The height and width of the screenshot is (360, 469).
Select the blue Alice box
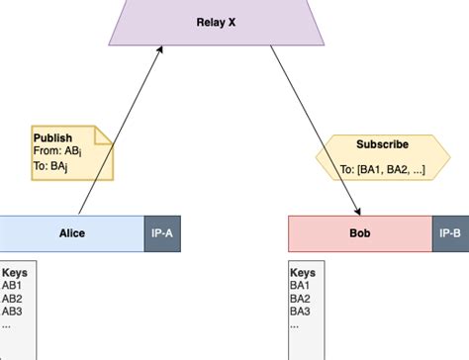(72, 233)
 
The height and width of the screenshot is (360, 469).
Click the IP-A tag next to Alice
(162, 233)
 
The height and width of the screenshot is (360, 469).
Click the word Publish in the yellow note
(52, 137)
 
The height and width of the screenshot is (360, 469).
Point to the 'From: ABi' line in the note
(57, 151)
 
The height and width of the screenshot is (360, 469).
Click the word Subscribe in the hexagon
(382, 144)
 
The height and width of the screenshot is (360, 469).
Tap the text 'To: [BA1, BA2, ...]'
(382, 169)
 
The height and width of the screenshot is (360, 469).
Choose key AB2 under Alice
(12, 298)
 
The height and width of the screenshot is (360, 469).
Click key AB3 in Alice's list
(12, 311)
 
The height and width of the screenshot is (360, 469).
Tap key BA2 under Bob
(301, 298)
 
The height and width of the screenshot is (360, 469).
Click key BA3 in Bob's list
(301, 311)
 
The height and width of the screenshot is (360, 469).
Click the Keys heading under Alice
(15, 272)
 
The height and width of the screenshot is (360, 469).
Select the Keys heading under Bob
(303, 272)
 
